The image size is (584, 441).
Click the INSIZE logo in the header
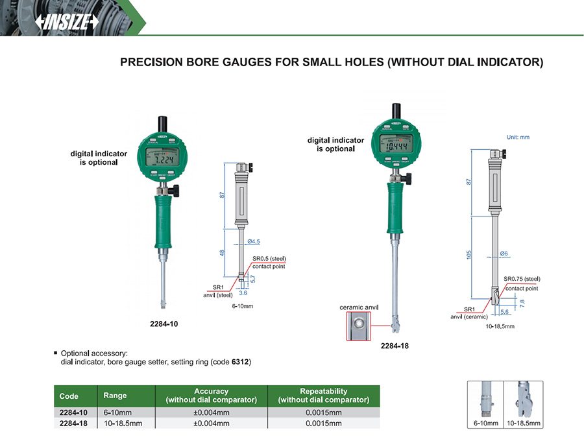pyautogui.click(x=66, y=22)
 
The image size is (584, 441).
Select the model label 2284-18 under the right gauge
pyautogui.click(x=395, y=346)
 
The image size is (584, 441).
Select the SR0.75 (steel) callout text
pyautogui.click(x=522, y=280)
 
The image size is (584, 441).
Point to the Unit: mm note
pyautogui.click(x=518, y=137)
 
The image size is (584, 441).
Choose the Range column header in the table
pyautogui.click(x=115, y=396)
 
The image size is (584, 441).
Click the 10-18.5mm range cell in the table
pyautogui.click(x=123, y=423)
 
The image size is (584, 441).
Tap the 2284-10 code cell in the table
pyautogui.click(x=71, y=412)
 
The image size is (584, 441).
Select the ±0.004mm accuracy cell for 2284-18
pyautogui.click(x=211, y=423)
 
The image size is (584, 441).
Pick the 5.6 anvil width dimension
pyautogui.click(x=504, y=311)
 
